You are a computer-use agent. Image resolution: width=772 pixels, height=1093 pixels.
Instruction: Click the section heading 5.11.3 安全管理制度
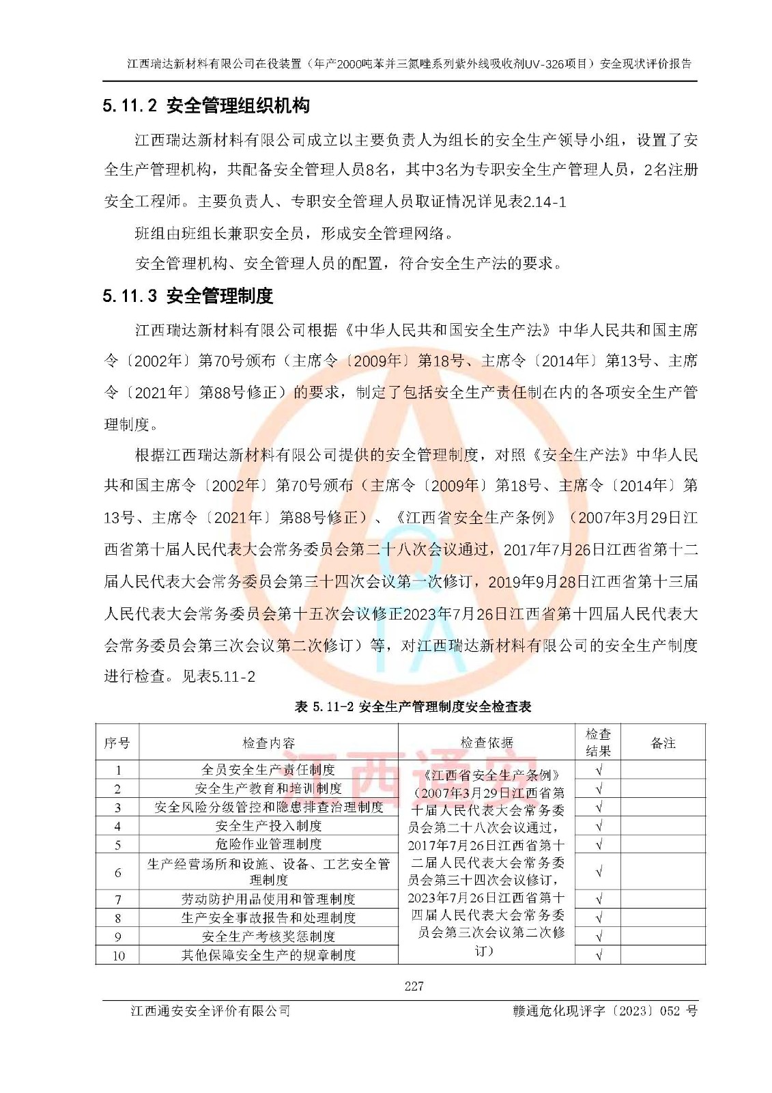[x=188, y=296]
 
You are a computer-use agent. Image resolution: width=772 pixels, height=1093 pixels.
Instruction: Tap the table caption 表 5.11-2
[x=412, y=706]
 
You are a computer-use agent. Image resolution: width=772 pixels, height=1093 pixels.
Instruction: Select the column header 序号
[x=117, y=743]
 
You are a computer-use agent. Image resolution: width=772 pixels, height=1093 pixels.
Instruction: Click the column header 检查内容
[x=268, y=743]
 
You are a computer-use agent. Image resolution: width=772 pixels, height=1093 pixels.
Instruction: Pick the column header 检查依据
[x=486, y=743]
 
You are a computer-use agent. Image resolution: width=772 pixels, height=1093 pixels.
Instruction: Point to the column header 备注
[x=662, y=743]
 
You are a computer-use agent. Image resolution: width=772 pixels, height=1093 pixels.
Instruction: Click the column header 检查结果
[x=598, y=743]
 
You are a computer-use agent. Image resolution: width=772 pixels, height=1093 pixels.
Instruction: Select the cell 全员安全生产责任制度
[x=268, y=770]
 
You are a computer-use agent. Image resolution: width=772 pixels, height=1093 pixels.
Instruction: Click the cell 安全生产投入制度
[x=268, y=826]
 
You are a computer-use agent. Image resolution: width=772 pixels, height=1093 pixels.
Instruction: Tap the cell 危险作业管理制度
[x=268, y=844]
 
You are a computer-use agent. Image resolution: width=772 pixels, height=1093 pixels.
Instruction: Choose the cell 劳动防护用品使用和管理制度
[x=268, y=899]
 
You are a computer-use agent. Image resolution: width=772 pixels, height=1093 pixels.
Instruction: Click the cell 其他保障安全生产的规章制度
[x=268, y=955]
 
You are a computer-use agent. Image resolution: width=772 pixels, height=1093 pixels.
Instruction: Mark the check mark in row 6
[x=599, y=872]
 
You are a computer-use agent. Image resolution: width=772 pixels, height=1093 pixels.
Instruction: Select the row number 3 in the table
[x=117, y=807]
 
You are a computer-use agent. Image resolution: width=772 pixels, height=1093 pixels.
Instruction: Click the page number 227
[x=414, y=986]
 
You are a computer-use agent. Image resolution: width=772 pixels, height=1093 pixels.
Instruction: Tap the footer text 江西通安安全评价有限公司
[x=210, y=1011]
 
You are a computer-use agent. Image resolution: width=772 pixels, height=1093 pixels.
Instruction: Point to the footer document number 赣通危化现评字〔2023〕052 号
[x=605, y=1011]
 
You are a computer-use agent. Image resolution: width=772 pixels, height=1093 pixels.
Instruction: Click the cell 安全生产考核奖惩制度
[x=268, y=937]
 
